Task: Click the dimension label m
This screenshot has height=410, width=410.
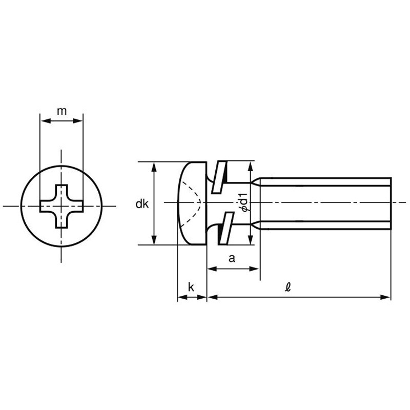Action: click(x=61, y=111)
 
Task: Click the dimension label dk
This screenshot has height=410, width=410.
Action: click(x=142, y=204)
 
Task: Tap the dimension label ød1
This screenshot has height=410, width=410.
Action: click(x=244, y=202)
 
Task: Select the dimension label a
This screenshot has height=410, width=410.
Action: click(x=232, y=259)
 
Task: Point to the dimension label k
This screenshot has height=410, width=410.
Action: click(x=191, y=288)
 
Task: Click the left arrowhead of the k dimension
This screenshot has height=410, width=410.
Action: click(x=180, y=297)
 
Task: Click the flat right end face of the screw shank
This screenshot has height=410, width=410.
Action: click(x=391, y=203)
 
